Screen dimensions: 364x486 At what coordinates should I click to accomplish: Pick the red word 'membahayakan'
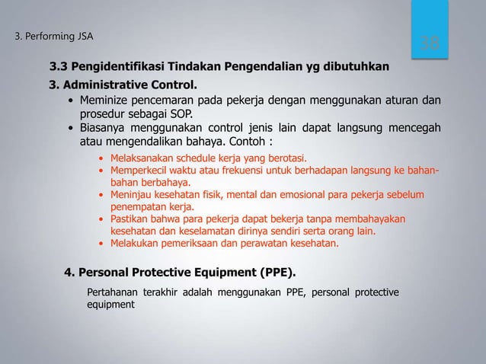click(371, 219)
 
